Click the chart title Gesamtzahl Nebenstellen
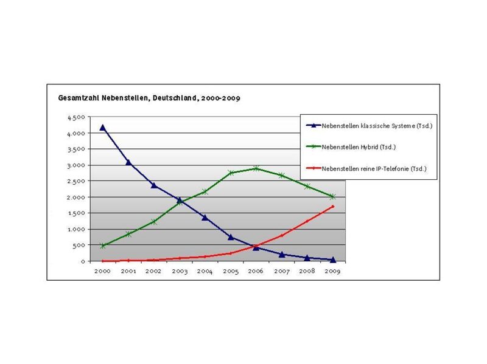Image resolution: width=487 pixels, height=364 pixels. [149, 98]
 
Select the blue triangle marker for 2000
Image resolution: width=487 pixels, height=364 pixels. [103, 128]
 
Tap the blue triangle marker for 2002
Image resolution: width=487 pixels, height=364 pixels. [154, 185]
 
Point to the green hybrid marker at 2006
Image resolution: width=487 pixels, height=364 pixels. [256, 168]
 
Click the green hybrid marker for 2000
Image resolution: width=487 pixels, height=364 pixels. [103, 246]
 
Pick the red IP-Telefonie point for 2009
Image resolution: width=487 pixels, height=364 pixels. [333, 207]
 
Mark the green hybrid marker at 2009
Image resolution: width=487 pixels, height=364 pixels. [333, 197]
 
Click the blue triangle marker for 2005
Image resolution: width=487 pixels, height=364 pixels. [231, 237]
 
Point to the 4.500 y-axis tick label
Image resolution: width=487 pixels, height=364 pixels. [76, 117]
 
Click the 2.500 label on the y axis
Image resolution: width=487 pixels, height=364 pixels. [76, 181]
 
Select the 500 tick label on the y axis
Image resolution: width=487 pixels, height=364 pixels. [80, 245]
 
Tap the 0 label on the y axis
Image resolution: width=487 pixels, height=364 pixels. [83, 261]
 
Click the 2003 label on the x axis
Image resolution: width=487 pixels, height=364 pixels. [180, 271]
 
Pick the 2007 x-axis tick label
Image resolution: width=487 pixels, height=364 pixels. [282, 271]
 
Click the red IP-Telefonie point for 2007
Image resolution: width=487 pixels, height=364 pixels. [282, 236]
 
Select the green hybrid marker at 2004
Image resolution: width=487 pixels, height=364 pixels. [205, 192]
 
